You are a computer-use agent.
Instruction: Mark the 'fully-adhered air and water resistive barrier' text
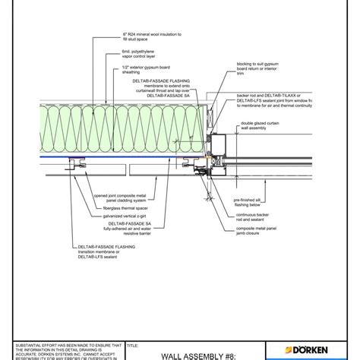pos(137,239)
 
